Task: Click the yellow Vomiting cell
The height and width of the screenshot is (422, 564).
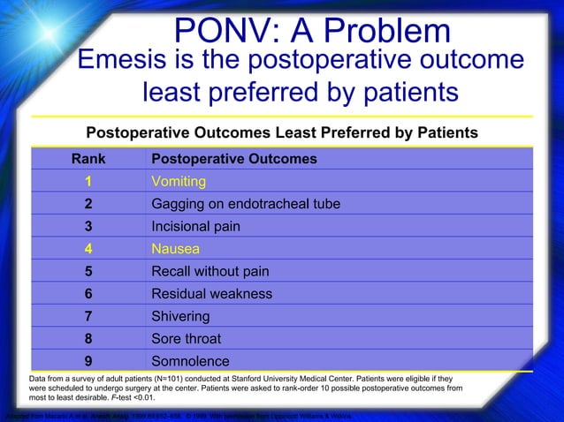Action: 179,181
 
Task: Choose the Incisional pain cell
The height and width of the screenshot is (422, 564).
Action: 195,226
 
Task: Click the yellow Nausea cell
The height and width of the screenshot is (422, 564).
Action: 176,249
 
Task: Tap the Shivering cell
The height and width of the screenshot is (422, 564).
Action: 181,316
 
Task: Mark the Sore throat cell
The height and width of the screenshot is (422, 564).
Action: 187,339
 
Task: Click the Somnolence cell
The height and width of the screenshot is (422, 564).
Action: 191,361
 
